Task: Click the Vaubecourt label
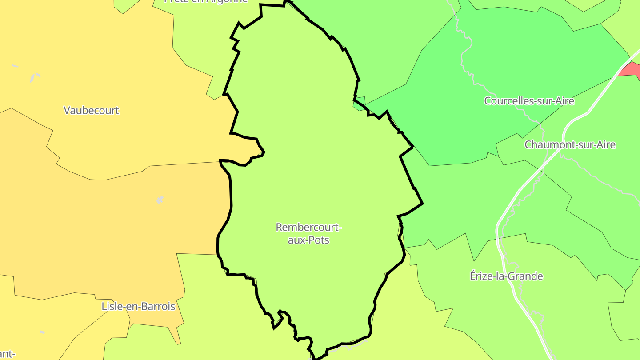coord(91,110)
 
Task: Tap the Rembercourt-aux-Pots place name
coord(308,233)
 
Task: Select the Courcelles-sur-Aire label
coord(529,101)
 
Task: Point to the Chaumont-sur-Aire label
coord(570,144)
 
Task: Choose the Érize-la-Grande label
coord(506,276)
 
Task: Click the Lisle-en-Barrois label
coord(138,306)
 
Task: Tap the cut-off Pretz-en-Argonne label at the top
coord(206,1)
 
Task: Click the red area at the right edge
coord(632,70)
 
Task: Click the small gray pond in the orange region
coord(160,200)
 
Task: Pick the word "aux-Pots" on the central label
coord(308,240)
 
